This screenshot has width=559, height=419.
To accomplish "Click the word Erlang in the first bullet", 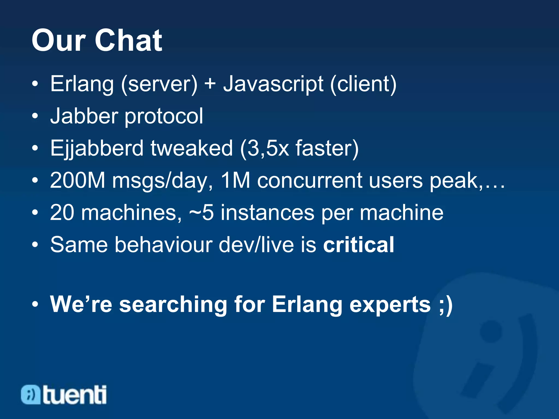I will click(x=82, y=84).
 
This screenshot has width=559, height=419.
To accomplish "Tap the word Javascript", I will click(x=273, y=84).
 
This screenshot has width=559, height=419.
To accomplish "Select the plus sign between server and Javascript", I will click(x=210, y=83).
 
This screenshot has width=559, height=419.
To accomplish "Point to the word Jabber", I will click(x=84, y=116).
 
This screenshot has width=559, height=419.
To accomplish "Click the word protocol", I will click(x=164, y=117).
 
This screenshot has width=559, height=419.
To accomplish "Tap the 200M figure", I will click(x=78, y=180).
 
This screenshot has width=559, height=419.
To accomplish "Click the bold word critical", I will click(x=358, y=244).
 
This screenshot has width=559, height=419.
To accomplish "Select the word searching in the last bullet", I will click(x=173, y=304).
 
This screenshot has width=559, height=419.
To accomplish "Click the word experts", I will click(x=390, y=305).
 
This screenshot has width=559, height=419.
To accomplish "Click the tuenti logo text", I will click(x=74, y=394).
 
